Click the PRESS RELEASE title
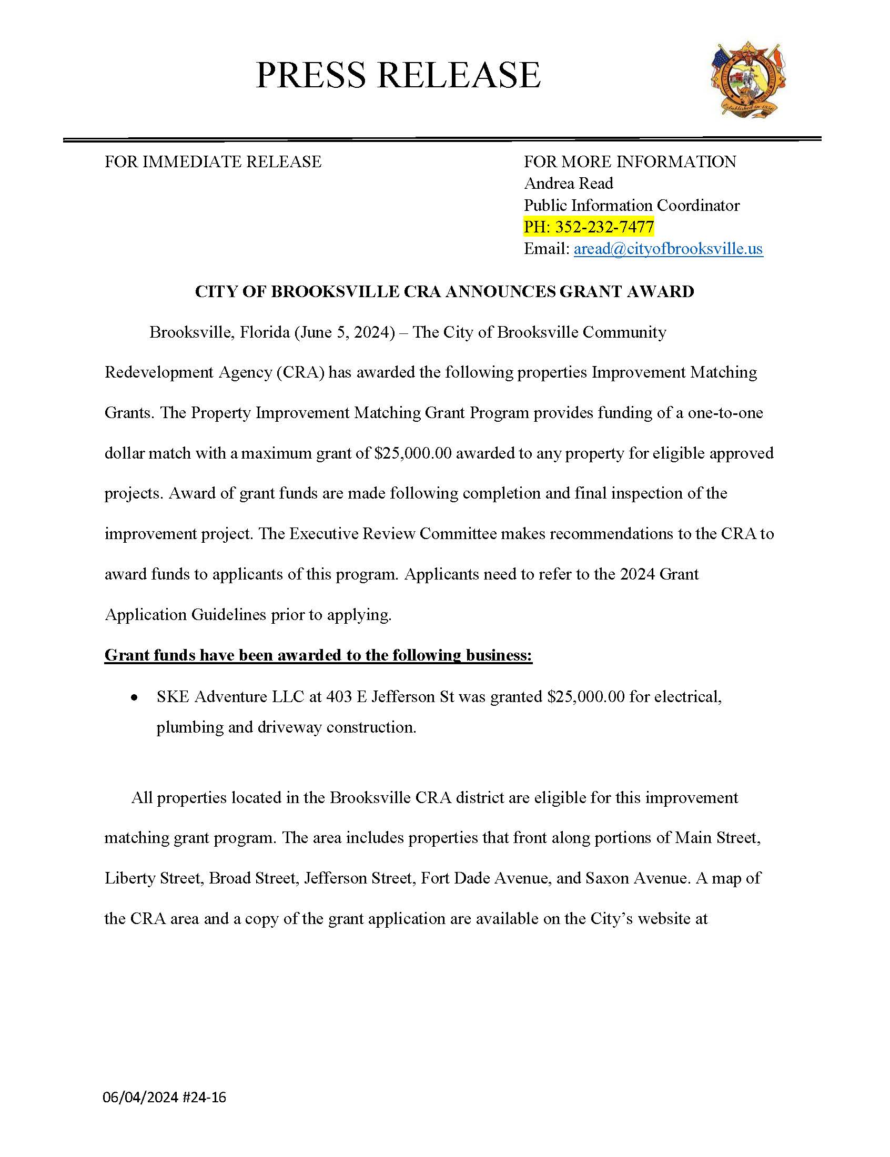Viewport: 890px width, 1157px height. point(398,75)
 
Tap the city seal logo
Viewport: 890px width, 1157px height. point(748,79)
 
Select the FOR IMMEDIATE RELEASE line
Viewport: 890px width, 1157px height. point(213,161)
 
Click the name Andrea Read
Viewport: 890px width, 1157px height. point(569,183)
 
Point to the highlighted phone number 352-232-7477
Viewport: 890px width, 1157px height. point(604,227)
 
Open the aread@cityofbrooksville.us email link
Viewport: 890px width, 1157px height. point(668,249)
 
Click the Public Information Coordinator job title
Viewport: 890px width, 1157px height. point(632,205)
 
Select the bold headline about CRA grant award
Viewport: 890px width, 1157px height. point(444,291)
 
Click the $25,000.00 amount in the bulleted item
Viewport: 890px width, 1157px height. point(586,697)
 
